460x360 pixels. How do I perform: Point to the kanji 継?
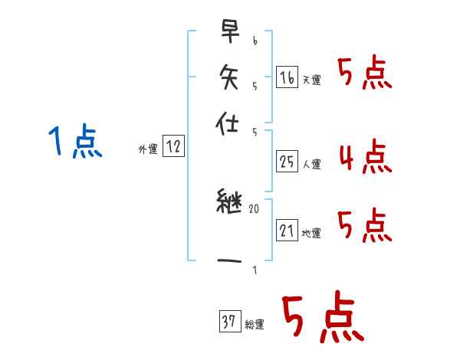click(228, 205)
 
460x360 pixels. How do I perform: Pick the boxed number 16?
click(287, 77)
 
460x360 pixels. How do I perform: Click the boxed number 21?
click(287, 231)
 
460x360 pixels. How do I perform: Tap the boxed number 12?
click(173, 147)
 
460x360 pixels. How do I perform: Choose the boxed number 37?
click(229, 322)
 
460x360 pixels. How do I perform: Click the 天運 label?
click(312, 80)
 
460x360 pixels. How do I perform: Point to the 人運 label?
click(312, 164)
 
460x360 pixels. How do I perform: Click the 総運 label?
click(255, 325)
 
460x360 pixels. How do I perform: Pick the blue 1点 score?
click(74, 142)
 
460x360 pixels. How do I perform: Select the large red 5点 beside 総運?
click(322, 319)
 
